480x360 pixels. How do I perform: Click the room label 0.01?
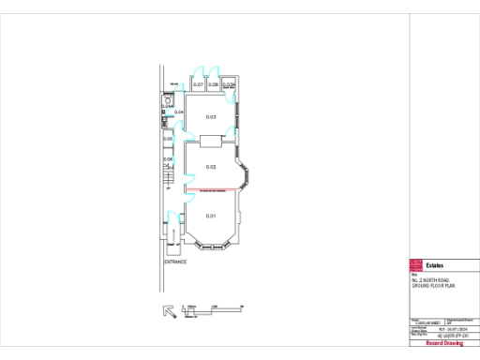coord(212,217)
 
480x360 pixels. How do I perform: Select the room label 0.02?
coord(212,167)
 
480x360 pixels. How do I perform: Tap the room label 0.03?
coord(212,117)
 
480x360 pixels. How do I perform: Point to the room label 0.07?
coord(199,85)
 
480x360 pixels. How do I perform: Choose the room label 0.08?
coord(214,85)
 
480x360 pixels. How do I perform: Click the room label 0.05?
coord(168,139)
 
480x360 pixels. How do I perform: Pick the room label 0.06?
coord(168,158)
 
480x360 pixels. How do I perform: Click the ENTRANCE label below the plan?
coord(175,262)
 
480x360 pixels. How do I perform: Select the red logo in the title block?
coord(416,265)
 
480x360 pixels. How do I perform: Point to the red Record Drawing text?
coord(443,344)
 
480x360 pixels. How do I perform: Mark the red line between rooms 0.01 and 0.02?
coord(212,190)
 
